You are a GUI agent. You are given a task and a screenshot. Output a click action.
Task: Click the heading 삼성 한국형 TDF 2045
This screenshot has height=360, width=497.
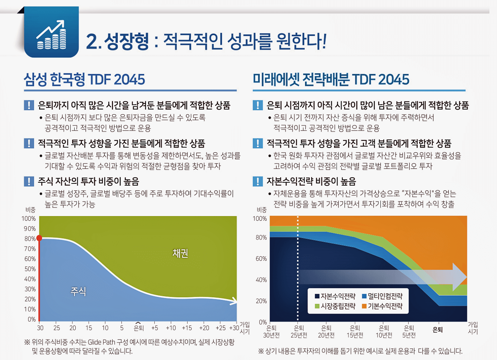(84, 80)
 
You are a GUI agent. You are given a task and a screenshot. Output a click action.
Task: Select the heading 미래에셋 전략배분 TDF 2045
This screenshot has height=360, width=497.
(331, 80)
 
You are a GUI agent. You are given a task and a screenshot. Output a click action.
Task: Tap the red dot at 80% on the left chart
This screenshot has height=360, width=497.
(39, 238)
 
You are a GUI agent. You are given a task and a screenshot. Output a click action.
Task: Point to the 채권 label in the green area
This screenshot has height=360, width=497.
(180, 253)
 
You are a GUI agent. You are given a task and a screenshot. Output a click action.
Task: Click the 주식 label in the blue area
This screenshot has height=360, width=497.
(78, 291)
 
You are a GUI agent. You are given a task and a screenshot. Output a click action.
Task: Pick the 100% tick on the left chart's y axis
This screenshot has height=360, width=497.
(29, 219)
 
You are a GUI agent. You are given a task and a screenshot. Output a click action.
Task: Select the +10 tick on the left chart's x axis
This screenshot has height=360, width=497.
(171, 328)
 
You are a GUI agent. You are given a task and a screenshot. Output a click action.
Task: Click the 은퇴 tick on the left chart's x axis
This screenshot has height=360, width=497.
(138, 328)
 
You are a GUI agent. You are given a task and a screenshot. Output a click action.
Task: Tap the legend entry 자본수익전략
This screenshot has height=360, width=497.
(335, 296)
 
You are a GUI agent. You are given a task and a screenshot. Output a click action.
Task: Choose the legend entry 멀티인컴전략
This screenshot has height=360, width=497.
(382, 296)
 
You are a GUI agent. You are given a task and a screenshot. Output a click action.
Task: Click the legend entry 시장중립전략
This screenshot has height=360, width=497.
(335, 306)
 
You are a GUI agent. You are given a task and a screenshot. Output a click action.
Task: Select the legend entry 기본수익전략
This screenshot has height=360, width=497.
(382, 306)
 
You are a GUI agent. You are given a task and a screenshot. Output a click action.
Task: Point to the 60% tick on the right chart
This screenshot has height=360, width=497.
(261, 258)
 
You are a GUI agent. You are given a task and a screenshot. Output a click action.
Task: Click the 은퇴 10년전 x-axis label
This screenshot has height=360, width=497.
(384, 332)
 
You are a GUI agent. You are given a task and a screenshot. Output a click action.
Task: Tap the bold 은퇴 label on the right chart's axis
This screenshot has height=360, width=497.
(438, 330)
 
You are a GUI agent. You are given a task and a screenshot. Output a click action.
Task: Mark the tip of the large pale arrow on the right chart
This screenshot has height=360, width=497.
(466, 277)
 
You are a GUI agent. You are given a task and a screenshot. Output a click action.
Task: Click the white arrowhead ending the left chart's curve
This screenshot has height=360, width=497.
(235, 301)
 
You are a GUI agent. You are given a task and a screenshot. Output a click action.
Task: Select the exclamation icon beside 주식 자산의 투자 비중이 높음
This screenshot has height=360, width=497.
(29, 181)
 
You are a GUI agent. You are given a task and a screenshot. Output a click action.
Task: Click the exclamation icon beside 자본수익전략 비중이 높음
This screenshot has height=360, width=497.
(258, 181)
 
